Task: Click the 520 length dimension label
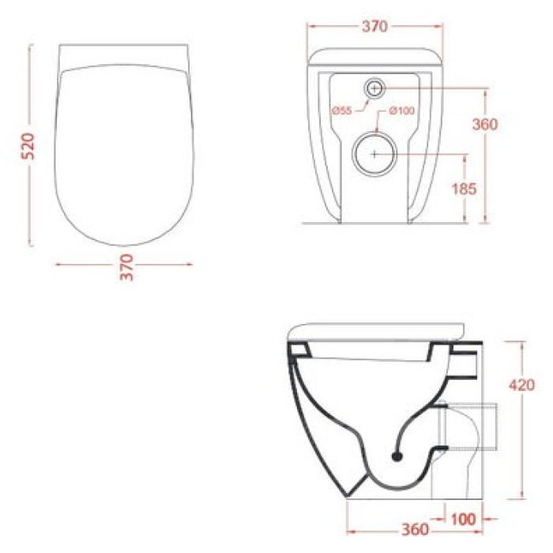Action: point(27,147)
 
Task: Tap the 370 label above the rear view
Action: point(374,26)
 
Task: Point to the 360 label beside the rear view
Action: point(506,124)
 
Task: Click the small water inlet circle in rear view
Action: point(374,88)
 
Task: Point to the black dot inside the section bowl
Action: point(397,455)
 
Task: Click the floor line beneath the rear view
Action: point(379,224)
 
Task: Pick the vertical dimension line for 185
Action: point(465,189)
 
